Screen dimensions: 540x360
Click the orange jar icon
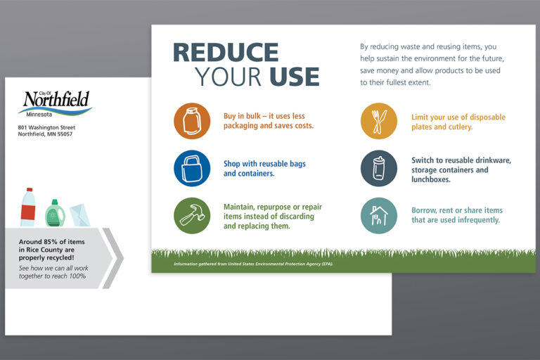(x=192, y=121)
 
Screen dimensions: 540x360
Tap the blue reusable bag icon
(x=192, y=169)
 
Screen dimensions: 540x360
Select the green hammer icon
(x=192, y=216)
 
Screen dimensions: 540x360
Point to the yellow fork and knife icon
(x=379, y=121)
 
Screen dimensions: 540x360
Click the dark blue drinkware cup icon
(x=379, y=169)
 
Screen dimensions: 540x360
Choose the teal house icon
(x=379, y=216)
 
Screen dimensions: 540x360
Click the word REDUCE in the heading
(x=226, y=52)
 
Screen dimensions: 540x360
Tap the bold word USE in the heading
(x=295, y=77)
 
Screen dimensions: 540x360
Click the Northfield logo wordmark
(x=56, y=99)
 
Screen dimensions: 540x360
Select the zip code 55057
(x=65, y=134)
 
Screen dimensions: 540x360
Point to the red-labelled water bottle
(x=28, y=207)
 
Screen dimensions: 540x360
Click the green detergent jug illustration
(x=55, y=213)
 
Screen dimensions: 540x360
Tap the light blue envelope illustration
(x=80, y=215)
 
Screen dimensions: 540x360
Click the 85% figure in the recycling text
(x=51, y=242)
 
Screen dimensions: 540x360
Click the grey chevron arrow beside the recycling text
(x=113, y=258)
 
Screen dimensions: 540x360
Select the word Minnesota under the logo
(x=39, y=115)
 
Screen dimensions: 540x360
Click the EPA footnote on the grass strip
(x=253, y=264)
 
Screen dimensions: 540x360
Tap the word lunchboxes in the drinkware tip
(x=431, y=179)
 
